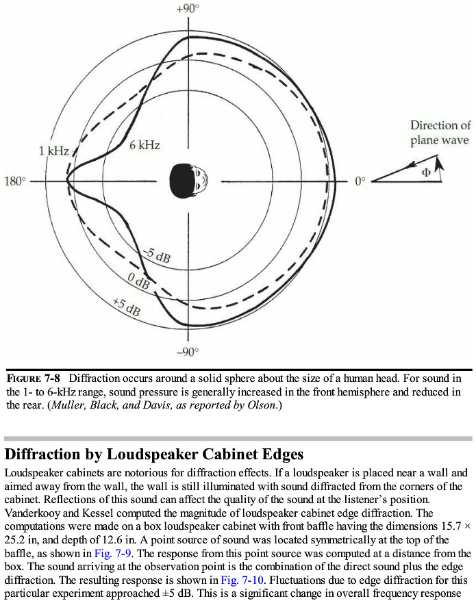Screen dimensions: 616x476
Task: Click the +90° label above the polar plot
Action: [188, 9]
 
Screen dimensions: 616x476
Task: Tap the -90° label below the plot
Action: [188, 352]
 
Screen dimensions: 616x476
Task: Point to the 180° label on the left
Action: [15, 181]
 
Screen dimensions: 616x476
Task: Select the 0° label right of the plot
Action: [360, 181]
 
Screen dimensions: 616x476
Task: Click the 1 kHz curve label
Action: [53, 150]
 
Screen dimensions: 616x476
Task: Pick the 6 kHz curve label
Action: [145, 145]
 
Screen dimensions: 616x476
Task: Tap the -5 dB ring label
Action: [157, 257]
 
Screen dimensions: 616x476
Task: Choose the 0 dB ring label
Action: [139, 281]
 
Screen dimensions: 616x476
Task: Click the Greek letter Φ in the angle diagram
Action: [425, 172]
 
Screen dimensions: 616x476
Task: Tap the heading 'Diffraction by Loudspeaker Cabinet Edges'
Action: [154, 454]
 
